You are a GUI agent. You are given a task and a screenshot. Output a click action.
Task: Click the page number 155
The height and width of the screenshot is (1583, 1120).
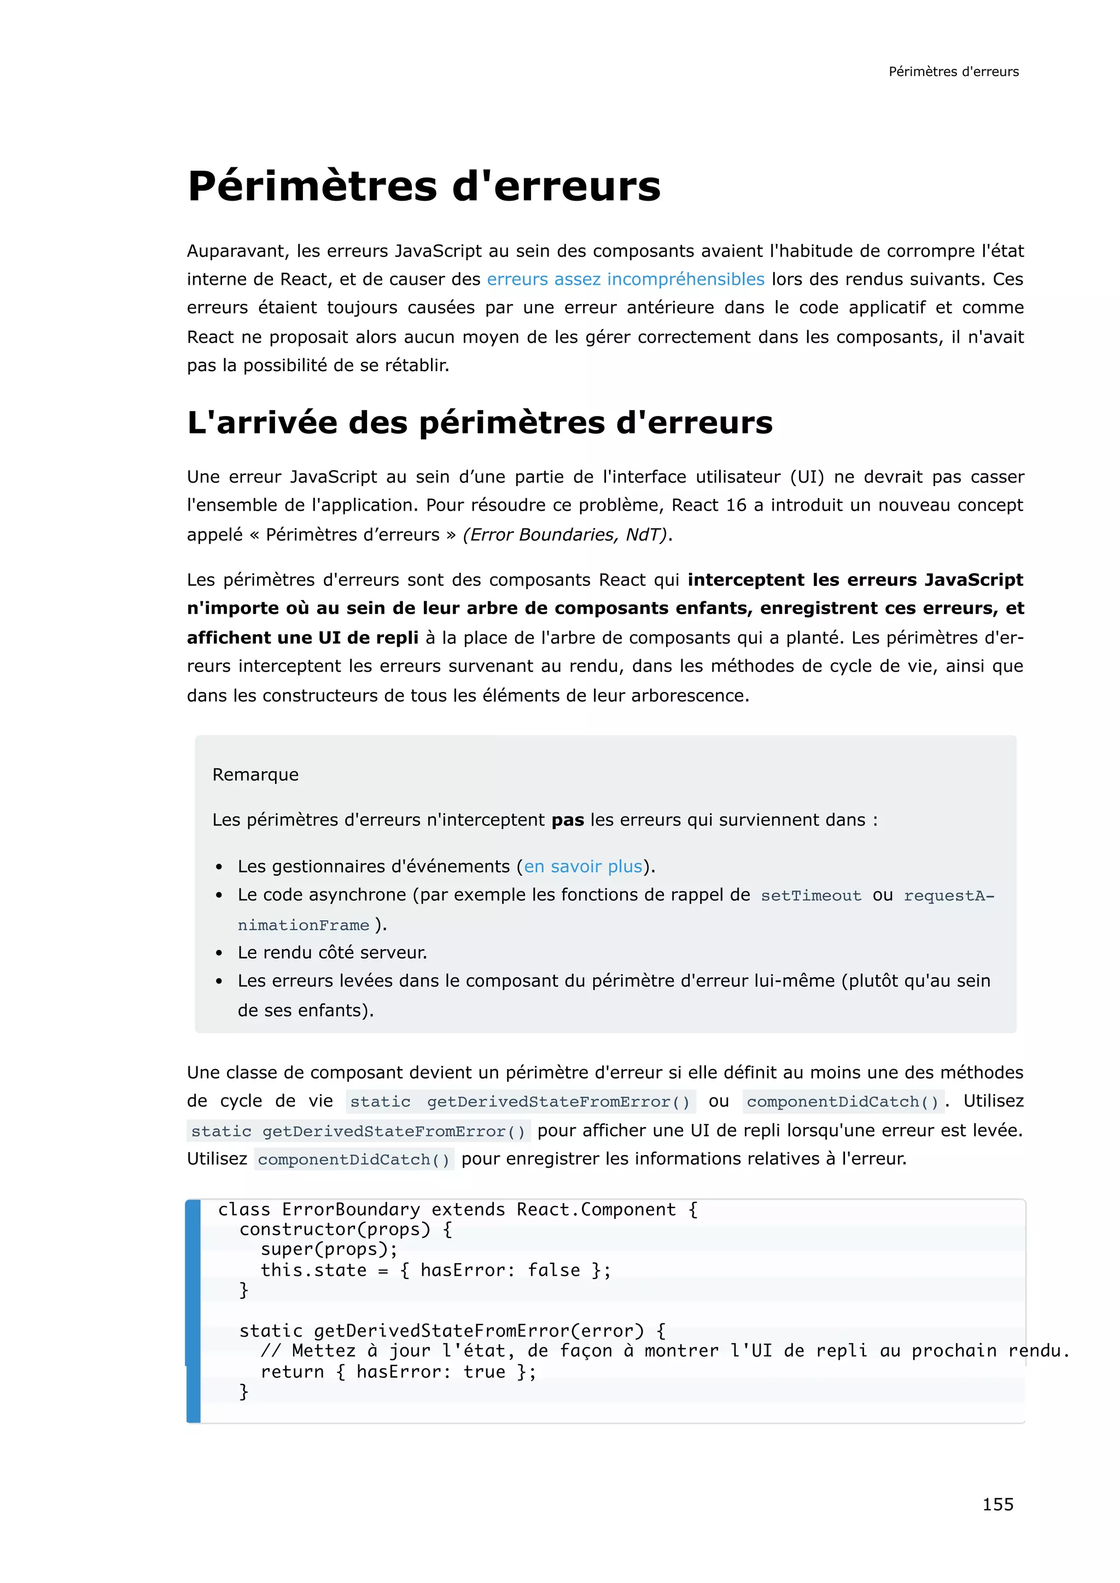tap(997, 1504)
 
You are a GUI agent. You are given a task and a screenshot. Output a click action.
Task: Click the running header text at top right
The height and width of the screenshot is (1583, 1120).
tap(953, 72)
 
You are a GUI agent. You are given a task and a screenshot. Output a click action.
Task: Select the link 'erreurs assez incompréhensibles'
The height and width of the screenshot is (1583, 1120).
tap(625, 279)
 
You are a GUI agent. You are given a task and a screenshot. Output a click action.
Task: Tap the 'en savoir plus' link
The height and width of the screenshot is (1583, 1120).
tap(583, 866)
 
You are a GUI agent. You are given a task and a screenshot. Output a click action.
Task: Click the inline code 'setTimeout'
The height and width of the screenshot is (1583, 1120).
tap(810, 895)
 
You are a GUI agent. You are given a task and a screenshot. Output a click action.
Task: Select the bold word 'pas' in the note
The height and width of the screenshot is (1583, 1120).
tap(567, 820)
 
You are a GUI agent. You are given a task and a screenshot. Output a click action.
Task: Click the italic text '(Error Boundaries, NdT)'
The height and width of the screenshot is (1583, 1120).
tap(565, 535)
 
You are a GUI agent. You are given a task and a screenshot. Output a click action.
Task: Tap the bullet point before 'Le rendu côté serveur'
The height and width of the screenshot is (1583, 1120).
tap(219, 953)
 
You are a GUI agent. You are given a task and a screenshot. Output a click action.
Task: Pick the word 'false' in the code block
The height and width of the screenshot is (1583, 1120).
tap(554, 1269)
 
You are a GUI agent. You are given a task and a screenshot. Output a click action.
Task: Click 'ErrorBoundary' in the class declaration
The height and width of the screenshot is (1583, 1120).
tap(351, 1209)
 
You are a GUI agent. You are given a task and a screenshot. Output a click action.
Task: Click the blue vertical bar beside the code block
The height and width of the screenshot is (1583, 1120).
tap(193, 1310)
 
